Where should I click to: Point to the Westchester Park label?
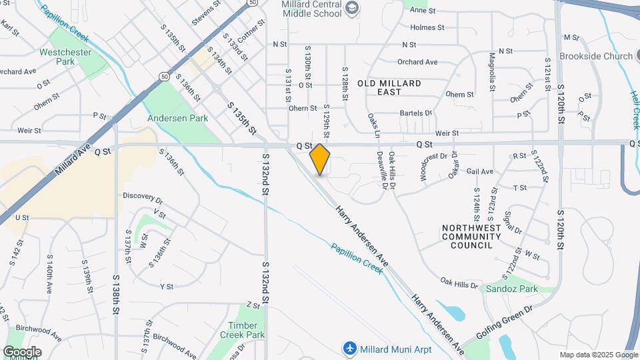tap(65, 57)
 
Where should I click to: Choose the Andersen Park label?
tap(178, 118)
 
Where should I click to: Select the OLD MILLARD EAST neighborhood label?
tap(389, 87)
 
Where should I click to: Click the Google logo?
tap(22, 351)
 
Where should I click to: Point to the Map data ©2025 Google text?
tap(598, 355)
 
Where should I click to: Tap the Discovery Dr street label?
tap(143, 198)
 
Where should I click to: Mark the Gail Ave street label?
tap(480, 171)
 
